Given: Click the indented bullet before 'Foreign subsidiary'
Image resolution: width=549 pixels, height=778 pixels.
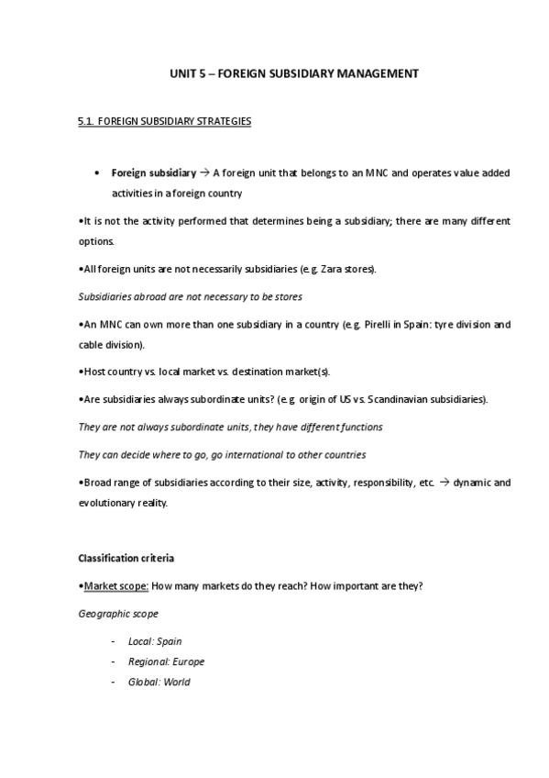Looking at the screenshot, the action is (x=96, y=173).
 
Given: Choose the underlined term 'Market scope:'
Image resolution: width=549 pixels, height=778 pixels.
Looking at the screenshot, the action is (x=115, y=585).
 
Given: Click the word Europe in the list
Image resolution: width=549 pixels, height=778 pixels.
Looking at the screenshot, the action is (x=188, y=661).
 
